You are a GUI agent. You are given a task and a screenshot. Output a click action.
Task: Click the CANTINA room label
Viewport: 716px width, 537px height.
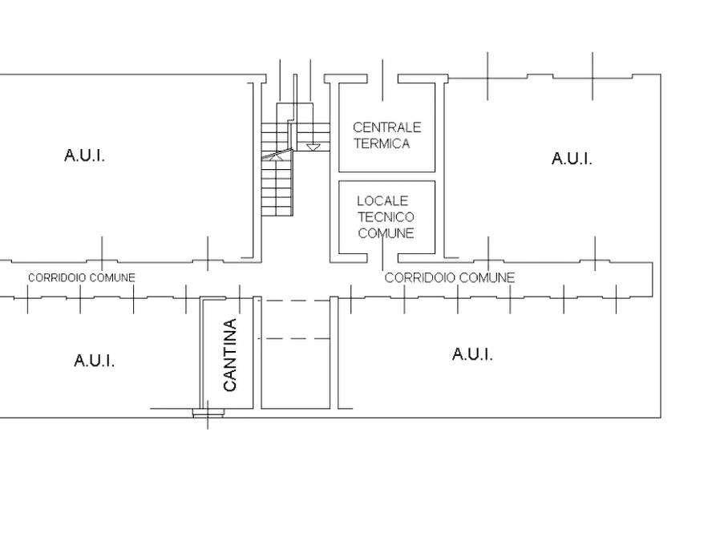point(230,355)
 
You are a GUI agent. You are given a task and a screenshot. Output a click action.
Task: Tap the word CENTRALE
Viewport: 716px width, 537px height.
point(386,127)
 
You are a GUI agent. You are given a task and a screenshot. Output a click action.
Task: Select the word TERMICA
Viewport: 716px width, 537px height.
point(382,143)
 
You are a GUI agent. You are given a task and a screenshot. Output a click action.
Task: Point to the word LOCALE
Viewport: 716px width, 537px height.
point(382,201)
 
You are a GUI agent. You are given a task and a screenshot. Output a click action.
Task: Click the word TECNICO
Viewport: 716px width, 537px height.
point(386,217)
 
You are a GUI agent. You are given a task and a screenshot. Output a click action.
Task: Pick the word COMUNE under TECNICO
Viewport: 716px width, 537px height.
point(386,233)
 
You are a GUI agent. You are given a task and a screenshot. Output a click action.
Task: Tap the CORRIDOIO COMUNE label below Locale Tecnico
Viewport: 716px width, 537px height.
point(450,277)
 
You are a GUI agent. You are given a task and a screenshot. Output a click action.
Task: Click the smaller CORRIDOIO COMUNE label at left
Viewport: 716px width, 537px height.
point(82,277)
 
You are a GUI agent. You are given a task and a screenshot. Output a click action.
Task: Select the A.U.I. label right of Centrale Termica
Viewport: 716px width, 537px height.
point(572,159)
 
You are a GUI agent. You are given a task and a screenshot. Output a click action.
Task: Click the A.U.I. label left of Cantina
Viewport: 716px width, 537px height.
point(94,361)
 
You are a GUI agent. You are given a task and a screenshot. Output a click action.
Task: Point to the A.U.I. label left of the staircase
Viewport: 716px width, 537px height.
point(84,155)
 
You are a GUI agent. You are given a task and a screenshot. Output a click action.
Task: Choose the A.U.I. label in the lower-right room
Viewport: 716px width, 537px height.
point(472,354)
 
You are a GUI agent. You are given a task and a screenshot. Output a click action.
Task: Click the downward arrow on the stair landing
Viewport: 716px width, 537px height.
point(314,147)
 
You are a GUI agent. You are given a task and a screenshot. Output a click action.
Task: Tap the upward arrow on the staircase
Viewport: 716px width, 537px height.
point(276,156)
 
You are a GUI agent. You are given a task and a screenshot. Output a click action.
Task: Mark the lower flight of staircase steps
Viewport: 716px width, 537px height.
point(277,188)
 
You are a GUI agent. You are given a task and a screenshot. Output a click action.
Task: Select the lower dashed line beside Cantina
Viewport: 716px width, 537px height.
point(294,339)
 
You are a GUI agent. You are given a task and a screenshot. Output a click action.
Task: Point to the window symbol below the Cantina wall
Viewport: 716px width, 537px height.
point(208,414)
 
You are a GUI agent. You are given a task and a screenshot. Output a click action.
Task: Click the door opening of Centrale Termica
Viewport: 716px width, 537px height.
point(382,79)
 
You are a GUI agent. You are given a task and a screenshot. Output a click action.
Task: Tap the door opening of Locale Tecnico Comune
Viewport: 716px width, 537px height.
point(382,258)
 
